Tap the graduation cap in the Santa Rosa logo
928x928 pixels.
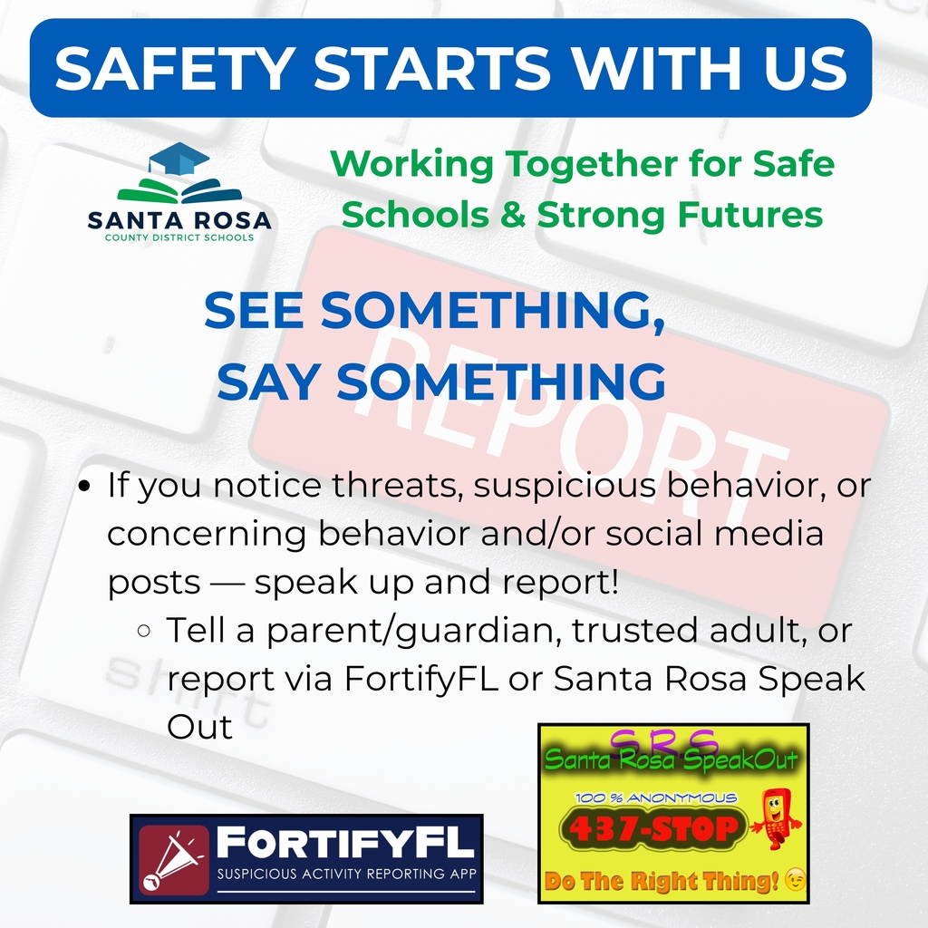click(179, 160)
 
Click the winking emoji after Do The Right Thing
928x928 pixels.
click(795, 881)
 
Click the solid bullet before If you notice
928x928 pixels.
click(85, 487)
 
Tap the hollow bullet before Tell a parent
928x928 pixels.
click(143, 630)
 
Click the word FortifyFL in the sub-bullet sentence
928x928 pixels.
click(421, 679)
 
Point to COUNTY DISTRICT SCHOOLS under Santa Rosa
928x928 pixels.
click(179, 237)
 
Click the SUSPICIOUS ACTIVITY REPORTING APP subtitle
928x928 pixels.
click(348, 874)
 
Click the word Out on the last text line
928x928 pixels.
click(199, 727)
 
